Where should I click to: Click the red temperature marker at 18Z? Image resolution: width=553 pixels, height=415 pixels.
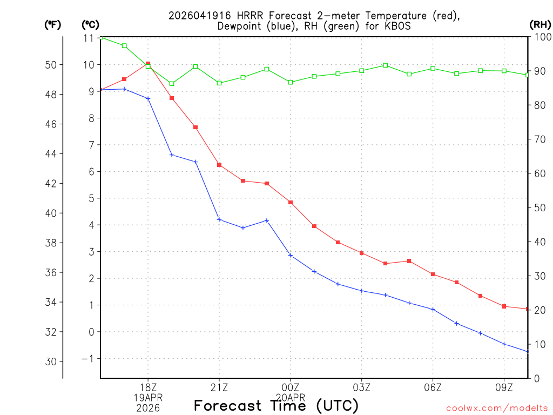(148, 64)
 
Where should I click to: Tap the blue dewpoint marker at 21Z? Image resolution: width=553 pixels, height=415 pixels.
(219, 219)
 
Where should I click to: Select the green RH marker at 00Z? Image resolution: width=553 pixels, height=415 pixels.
(291, 82)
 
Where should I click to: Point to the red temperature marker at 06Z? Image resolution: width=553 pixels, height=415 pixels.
(433, 275)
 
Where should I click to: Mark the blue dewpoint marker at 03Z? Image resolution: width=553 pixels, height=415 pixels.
(362, 291)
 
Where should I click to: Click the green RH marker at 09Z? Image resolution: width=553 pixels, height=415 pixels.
(504, 71)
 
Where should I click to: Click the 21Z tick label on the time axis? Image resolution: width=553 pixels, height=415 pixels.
(219, 387)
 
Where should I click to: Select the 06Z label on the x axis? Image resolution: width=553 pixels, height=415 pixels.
(433, 387)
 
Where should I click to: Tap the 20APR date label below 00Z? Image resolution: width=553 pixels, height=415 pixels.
(291, 397)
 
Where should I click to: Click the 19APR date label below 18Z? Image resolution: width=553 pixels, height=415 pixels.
(148, 397)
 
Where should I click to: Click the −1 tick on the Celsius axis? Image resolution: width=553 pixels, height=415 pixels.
(88, 359)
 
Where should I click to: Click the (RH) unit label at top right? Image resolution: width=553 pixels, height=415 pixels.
(540, 24)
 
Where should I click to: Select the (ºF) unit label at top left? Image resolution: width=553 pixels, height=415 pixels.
(53, 24)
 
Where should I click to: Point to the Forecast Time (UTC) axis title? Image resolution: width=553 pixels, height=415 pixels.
(276, 405)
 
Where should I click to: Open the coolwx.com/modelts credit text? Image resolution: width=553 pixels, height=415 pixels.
(497, 407)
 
